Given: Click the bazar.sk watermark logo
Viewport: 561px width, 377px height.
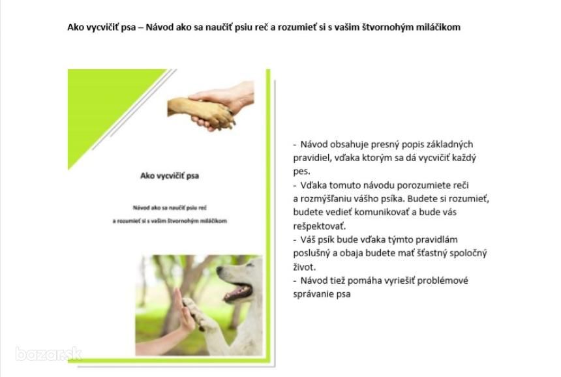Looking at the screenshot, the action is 48,354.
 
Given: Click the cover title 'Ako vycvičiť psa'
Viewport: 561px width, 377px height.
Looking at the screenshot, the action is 170,175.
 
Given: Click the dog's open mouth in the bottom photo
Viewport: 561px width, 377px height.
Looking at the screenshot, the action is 239,292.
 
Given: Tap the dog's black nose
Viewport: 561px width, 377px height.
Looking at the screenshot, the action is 219,269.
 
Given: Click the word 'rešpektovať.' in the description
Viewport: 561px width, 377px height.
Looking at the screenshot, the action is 320,226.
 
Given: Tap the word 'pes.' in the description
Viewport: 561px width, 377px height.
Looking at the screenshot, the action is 301,172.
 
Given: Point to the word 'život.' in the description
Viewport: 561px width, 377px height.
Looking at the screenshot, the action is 305,267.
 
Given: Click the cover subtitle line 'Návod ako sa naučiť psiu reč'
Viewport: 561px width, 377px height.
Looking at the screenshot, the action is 170,208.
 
